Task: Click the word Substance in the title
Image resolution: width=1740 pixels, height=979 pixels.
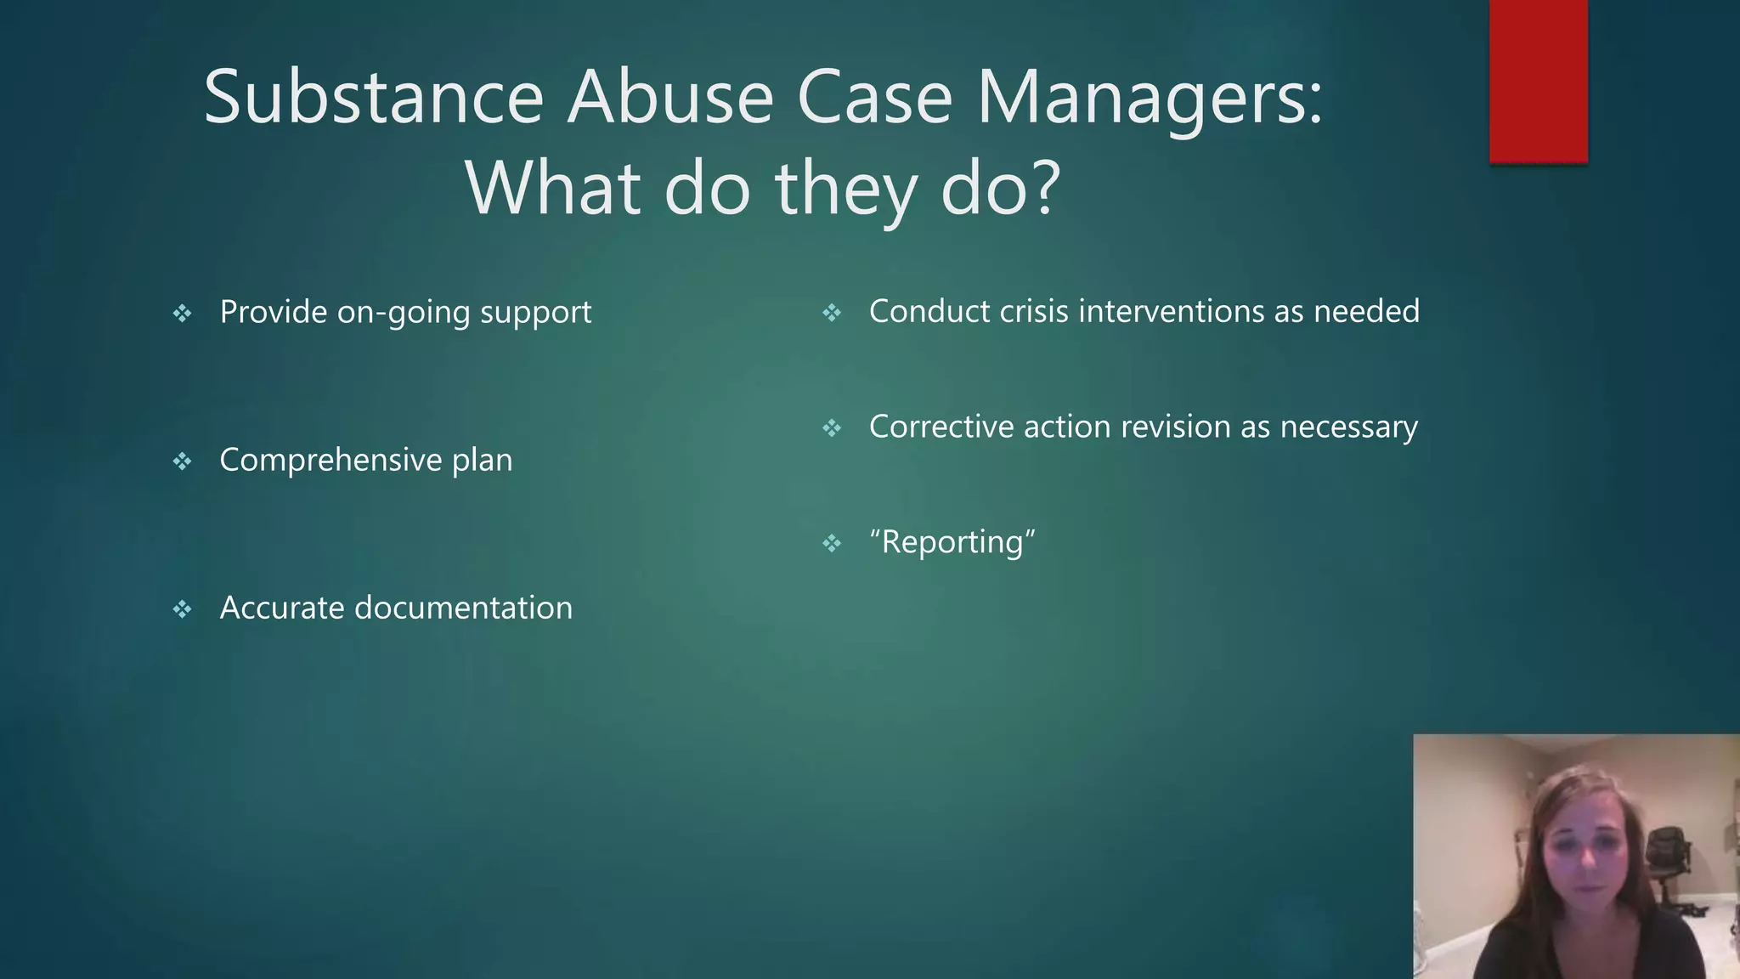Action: pos(373,98)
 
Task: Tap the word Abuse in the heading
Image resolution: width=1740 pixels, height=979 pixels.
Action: pos(670,98)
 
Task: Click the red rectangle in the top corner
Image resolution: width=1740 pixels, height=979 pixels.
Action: pos(1538,81)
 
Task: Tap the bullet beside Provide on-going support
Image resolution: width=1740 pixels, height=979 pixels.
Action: pos(183,314)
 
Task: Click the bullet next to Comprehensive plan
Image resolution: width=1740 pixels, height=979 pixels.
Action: pos(183,461)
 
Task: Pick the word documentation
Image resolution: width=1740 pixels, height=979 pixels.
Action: pos(463,608)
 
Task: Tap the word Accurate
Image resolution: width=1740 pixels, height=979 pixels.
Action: pos(282,608)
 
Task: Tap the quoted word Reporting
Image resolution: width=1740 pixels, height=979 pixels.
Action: pos(952,542)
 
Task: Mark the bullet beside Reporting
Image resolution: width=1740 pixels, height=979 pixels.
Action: pos(832,543)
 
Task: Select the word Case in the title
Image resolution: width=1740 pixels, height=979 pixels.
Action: pos(874,98)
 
